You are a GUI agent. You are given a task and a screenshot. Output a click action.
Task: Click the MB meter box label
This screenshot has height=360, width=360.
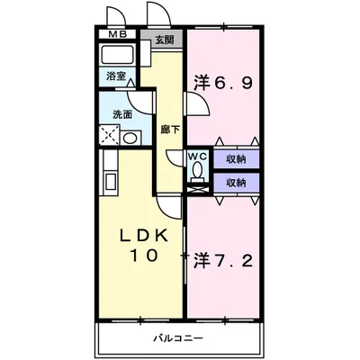tap(118, 34)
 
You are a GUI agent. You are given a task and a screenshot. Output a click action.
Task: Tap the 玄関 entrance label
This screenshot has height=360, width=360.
tap(165, 40)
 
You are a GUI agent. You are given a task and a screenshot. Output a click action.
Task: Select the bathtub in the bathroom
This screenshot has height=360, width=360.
tap(118, 54)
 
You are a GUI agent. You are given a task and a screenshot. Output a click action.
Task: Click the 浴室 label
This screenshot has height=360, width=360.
tap(116, 76)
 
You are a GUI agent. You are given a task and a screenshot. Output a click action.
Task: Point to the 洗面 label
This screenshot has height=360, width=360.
tap(122, 114)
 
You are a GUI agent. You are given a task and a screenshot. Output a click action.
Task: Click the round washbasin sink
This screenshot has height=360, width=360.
tap(130, 138)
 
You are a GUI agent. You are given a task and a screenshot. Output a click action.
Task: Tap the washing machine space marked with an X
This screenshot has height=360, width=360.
tap(109, 135)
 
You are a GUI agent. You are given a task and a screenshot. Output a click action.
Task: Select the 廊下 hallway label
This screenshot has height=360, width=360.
tap(170, 130)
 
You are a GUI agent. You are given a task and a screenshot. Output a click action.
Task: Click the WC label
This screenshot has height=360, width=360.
tap(197, 157)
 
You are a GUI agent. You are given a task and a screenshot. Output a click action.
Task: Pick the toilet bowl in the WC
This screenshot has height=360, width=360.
tap(197, 171)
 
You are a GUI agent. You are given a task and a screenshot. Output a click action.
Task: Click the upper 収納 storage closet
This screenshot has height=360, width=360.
tap(237, 159)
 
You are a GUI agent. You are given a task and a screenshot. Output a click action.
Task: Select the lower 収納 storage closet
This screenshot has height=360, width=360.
tap(237, 183)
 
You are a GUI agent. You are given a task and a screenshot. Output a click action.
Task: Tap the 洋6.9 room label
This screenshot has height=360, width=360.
tap(222, 83)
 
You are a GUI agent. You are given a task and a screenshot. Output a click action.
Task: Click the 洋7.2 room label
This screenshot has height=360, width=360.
tap(222, 260)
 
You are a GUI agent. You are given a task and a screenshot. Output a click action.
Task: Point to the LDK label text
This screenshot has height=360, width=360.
tap(143, 236)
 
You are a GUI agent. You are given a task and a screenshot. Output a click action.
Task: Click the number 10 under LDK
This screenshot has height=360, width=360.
tap(143, 256)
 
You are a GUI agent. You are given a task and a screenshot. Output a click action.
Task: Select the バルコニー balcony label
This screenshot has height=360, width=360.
tap(178, 339)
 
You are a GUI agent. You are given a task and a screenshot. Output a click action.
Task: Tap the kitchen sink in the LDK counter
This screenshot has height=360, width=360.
tap(111, 182)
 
